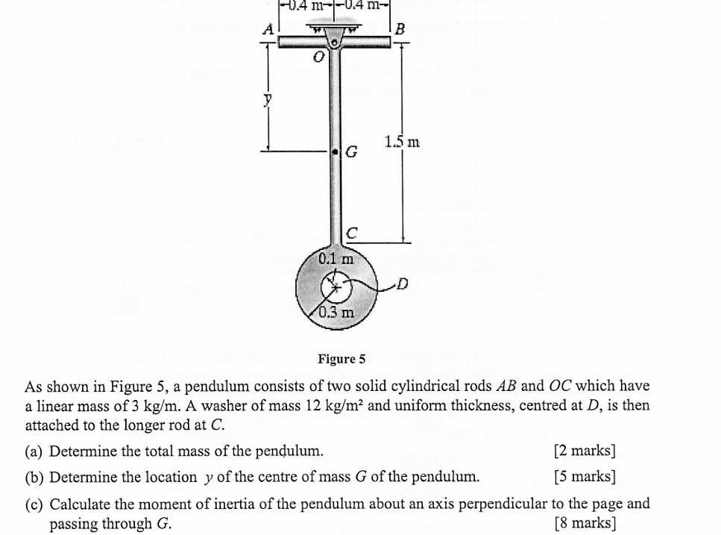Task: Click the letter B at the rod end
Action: tap(400, 30)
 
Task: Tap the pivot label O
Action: tap(318, 57)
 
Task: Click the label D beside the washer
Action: tap(403, 284)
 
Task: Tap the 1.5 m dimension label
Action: tap(402, 142)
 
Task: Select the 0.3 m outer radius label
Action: tap(336, 311)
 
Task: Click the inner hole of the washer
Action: tap(334, 285)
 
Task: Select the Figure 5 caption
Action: tap(341, 359)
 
